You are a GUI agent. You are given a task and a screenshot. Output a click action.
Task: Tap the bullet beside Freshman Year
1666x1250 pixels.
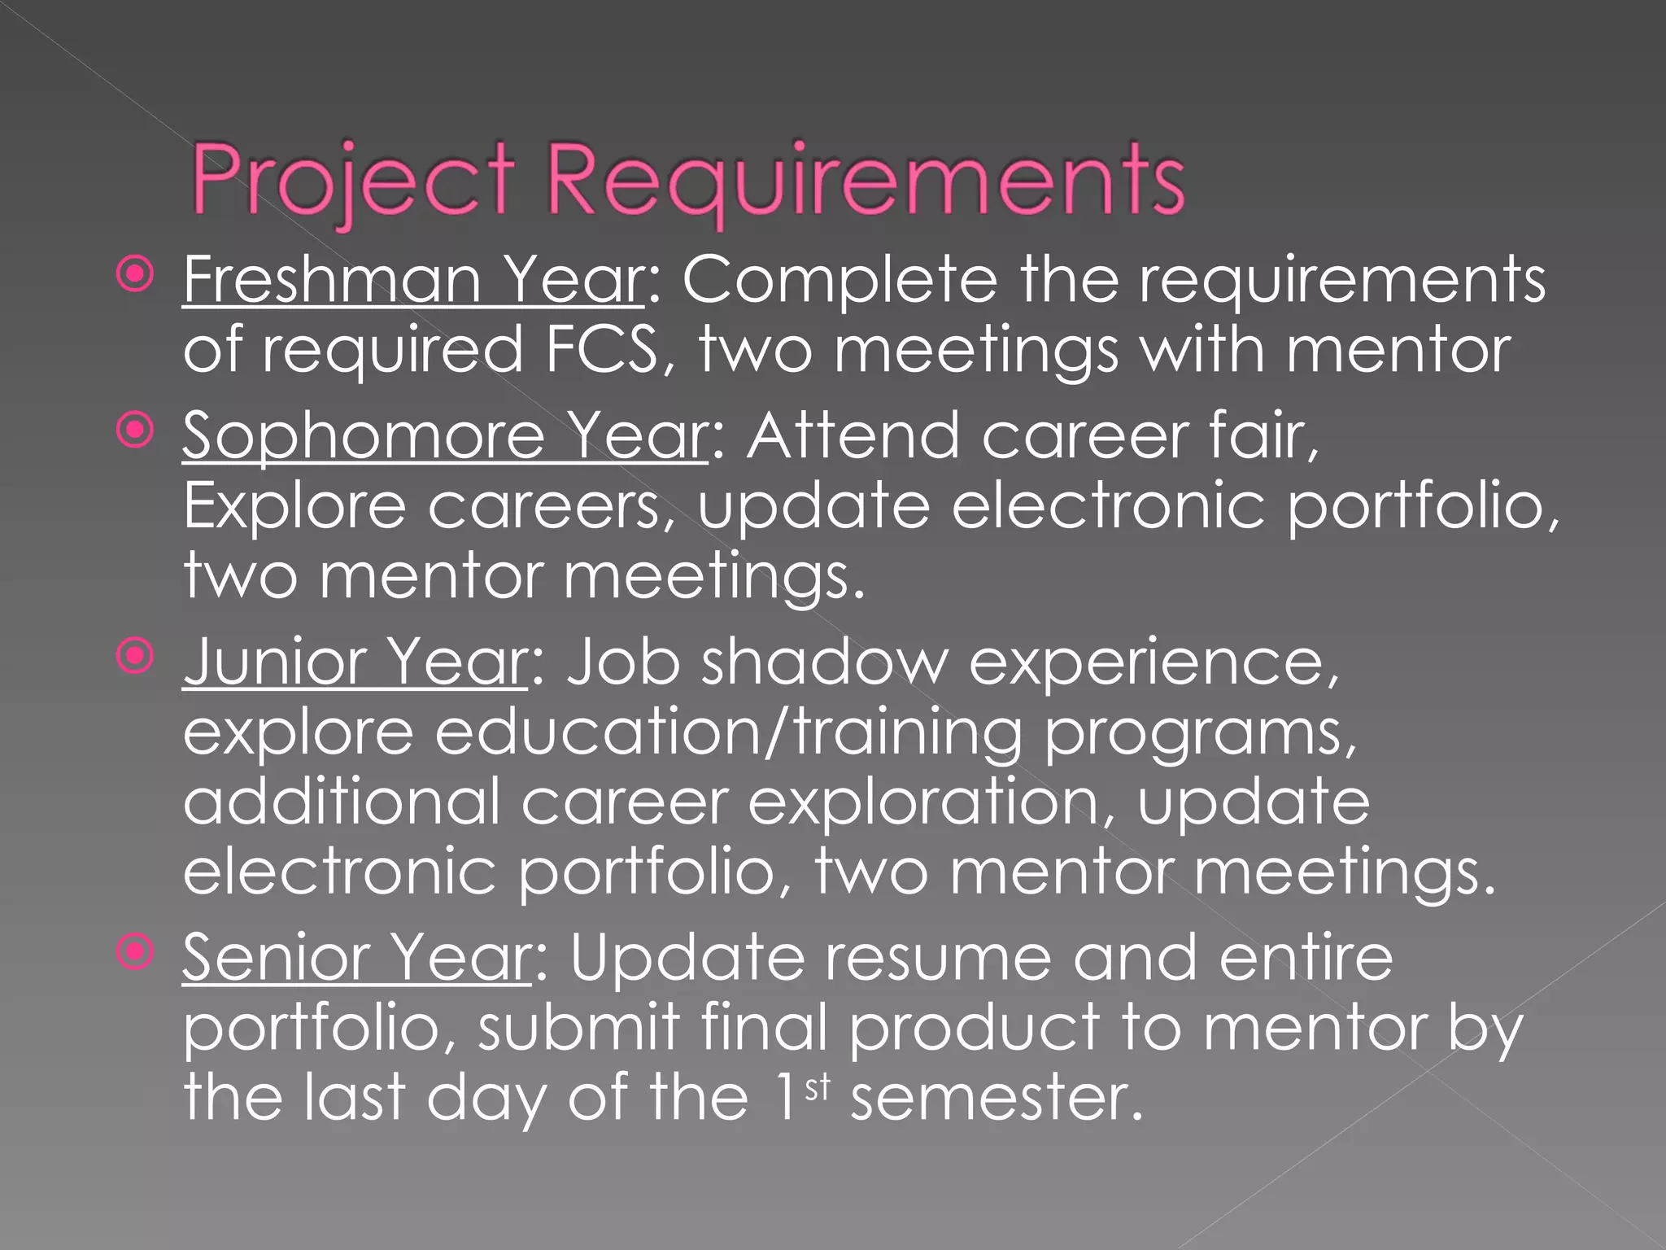[134, 275]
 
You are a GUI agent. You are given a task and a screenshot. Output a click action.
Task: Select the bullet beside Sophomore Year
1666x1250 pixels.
[134, 431]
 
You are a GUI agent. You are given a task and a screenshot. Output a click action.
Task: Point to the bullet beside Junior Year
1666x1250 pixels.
[134, 656]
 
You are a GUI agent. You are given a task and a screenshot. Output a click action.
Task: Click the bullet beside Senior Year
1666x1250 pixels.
[134, 951]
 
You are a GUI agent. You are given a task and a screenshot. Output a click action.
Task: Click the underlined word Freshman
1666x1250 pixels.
[332, 280]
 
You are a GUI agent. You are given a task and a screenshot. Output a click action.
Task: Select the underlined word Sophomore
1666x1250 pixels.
[363, 436]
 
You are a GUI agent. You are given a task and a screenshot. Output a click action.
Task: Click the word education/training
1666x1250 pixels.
[728, 732]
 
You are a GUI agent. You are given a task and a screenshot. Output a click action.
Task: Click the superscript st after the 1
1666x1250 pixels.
[817, 1087]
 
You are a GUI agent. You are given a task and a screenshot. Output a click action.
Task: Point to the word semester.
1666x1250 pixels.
[996, 1099]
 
